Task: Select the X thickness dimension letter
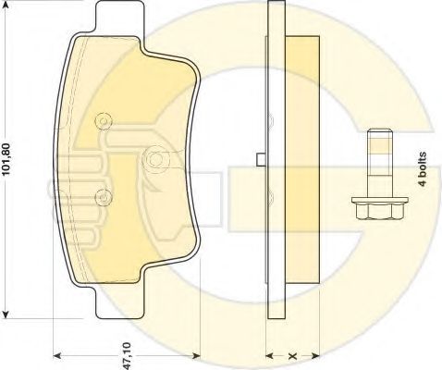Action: point(291,354)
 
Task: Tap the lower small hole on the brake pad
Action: point(104,195)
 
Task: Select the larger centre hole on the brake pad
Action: point(153,159)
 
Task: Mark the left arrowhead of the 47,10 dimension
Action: point(55,355)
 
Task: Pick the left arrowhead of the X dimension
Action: point(269,355)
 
